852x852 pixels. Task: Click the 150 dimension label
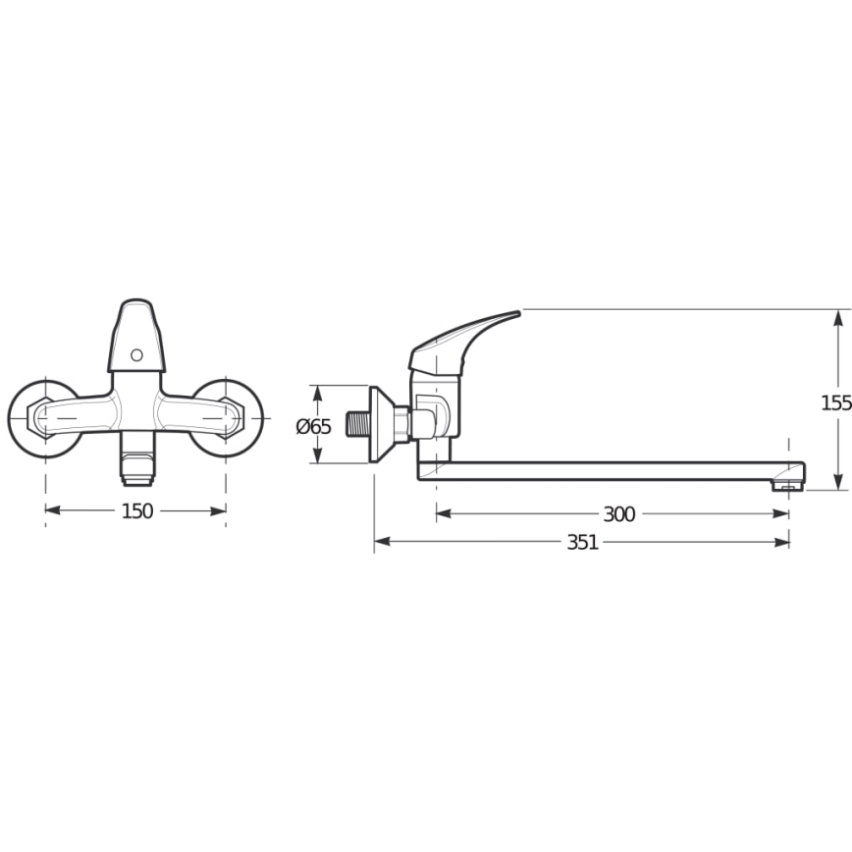136,510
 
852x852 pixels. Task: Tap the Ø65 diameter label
314,426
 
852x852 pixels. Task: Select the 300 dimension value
618,514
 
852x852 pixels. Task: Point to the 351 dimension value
582,543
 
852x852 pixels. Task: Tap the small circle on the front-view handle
136,354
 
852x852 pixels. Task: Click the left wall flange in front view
43,418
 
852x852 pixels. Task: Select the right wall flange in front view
228,418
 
